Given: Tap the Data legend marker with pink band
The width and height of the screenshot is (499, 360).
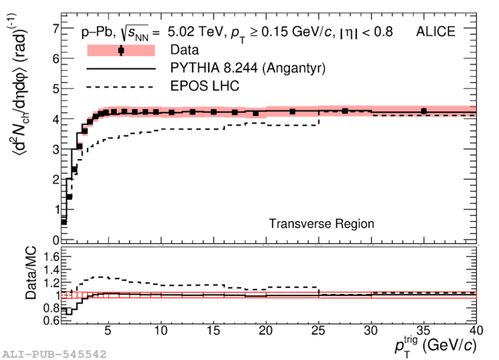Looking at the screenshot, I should tap(121, 51).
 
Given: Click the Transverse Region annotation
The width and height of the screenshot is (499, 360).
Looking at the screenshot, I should tap(322, 223).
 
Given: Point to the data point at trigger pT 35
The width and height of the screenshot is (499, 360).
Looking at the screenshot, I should tap(423, 111).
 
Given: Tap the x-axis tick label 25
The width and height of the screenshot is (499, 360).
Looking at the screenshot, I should tap(319, 331).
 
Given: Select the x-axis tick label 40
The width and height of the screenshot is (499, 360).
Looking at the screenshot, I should tap(474, 331).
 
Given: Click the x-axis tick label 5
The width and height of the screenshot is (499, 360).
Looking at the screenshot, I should tap(108, 331).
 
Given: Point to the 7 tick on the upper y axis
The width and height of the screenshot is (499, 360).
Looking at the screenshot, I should tap(55, 29).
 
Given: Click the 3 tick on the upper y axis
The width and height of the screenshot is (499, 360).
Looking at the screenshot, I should tap(55, 149).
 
